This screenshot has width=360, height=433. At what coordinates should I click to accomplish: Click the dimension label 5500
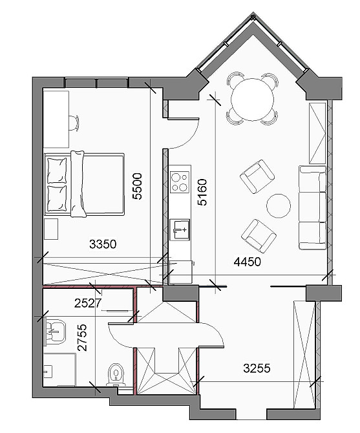coord(137,186)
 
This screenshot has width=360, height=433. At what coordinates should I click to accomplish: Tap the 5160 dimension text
coord(202,192)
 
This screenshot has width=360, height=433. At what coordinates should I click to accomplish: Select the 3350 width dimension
coord(103,244)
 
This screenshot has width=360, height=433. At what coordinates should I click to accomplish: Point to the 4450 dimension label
coord(248,262)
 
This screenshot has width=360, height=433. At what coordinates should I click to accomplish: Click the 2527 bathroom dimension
coord(88,303)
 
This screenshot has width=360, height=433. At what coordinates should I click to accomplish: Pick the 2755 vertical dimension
coord(81,337)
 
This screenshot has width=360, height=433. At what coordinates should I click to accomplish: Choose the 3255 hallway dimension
coord(257,368)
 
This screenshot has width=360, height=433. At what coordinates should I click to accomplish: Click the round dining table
coord(252,100)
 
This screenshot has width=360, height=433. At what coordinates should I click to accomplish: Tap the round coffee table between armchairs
coord(279,206)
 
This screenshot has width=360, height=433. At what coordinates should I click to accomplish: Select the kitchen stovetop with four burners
coord(180,182)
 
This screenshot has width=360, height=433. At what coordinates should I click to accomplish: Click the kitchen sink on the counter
coord(180,229)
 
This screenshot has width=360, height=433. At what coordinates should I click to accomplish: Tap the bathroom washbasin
coord(54,332)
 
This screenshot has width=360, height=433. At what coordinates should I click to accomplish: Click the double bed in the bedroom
coord(84,184)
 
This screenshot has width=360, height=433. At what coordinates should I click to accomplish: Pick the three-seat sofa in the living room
coord(313,207)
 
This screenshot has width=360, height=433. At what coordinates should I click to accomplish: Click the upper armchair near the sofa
coord(257,176)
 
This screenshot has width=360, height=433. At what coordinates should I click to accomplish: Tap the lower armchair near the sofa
coord(259,236)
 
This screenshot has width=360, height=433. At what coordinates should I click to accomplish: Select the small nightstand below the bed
coord(51,229)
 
